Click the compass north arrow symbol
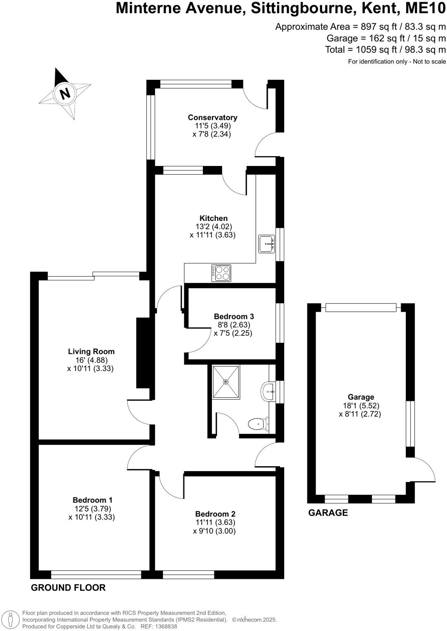tap(64, 93)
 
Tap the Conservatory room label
tap(212, 118)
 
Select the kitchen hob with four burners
tap(221, 273)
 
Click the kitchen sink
tap(266, 244)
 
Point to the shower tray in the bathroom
tap(226, 382)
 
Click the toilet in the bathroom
tap(258, 424)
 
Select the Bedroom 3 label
tap(234, 317)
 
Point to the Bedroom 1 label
tap(93, 500)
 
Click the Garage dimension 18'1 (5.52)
tap(361, 406)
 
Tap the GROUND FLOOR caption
tap(68, 588)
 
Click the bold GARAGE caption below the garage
tap(328, 513)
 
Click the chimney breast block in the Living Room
tap(143, 353)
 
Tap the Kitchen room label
tap(214, 218)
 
